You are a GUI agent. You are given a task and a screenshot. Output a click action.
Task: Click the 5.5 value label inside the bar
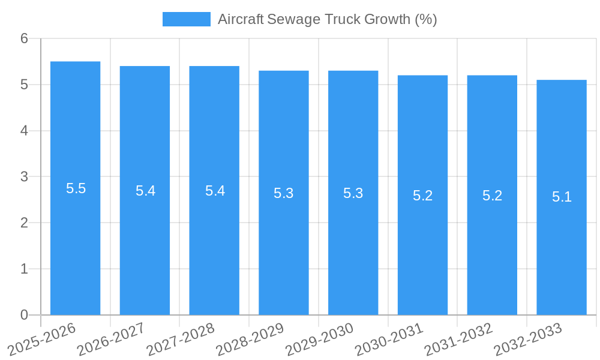[76, 188]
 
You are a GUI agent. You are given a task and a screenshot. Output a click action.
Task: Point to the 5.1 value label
[562, 197]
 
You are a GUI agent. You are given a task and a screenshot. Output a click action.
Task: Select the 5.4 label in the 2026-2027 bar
[145, 191]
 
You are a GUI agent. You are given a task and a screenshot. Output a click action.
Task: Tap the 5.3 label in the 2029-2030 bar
[353, 193]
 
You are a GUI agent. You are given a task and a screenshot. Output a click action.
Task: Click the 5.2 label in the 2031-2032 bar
[492, 196]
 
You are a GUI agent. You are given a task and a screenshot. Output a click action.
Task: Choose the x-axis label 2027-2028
[181, 339]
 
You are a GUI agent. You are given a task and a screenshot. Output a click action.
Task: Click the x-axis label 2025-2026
[42, 339]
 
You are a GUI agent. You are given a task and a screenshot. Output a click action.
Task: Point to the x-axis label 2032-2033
[528, 339]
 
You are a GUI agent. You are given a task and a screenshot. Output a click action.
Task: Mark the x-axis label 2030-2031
[389, 339]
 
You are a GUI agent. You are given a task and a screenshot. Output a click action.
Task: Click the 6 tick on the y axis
[24, 38]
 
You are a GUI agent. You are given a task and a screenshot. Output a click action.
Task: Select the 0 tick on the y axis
[24, 315]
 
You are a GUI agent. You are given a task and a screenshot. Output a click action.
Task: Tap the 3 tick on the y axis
[24, 177]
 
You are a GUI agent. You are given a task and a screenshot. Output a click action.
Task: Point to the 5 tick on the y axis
[24, 85]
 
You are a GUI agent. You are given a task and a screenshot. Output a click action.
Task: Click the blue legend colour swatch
[186, 19]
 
